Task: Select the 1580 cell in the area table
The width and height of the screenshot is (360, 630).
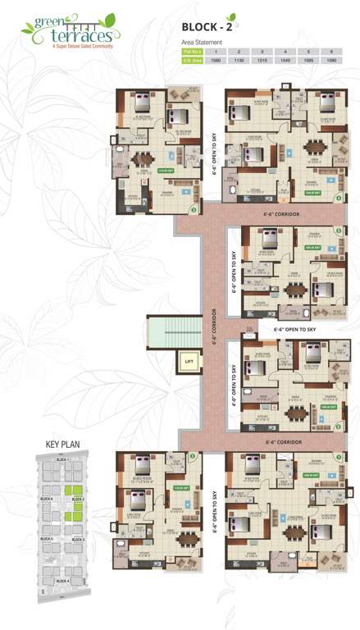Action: [216, 59]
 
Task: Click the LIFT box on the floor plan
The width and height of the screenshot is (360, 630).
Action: [189, 360]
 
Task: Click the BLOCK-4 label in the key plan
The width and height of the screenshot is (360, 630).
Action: [62, 581]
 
